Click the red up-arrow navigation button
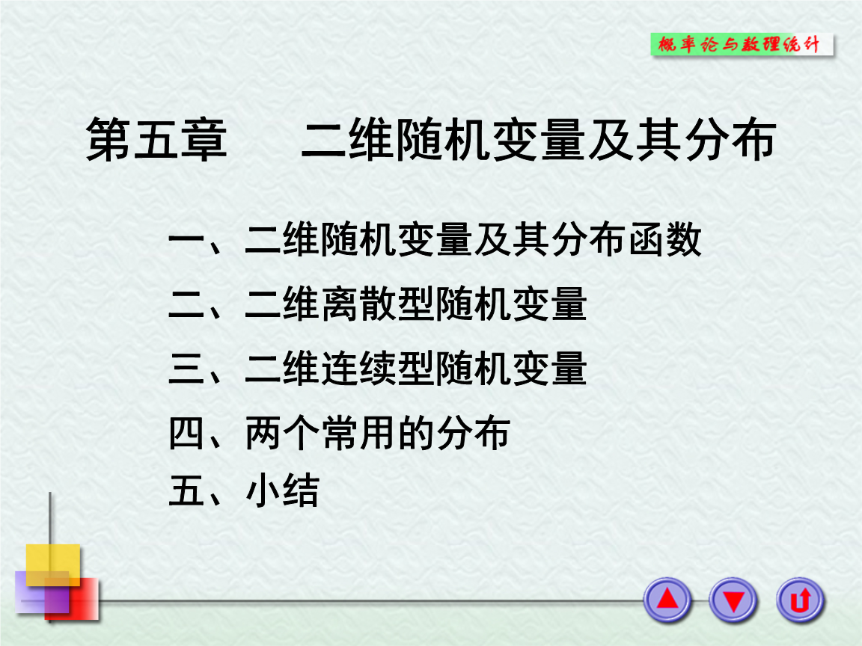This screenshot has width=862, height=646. [667, 600]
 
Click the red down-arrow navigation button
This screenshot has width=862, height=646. [733, 600]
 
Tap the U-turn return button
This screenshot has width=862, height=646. [800, 600]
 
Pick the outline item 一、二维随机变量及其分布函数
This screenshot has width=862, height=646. [435, 241]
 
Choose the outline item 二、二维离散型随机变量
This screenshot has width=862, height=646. [378, 305]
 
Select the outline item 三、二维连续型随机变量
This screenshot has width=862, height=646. [378, 369]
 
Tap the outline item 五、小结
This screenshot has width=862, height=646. [244, 491]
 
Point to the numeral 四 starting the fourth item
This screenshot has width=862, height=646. [187, 434]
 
